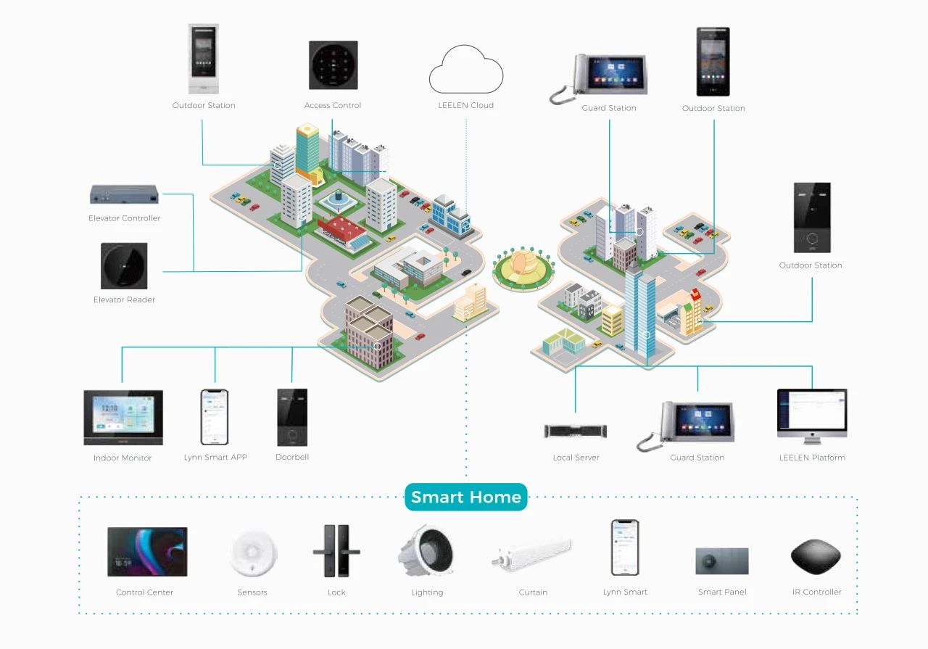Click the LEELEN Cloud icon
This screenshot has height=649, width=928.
[466, 70]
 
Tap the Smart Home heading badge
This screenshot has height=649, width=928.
[465, 497]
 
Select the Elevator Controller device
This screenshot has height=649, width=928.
[124, 194]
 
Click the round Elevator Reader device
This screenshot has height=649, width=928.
[124, 266]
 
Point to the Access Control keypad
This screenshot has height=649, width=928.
[333, 65]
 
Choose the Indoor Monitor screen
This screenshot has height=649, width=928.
[123, 417]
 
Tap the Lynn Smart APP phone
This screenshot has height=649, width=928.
[215, 417]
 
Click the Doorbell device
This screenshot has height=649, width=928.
[292, 417]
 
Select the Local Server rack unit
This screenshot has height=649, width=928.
[576, 431]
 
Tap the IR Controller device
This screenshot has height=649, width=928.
[816, 557]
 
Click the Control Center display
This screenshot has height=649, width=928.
[147, 552]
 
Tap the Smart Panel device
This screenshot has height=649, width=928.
[721, 561]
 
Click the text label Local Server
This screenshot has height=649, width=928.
[576, 458]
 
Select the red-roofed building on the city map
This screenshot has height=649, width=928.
[344, 231]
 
